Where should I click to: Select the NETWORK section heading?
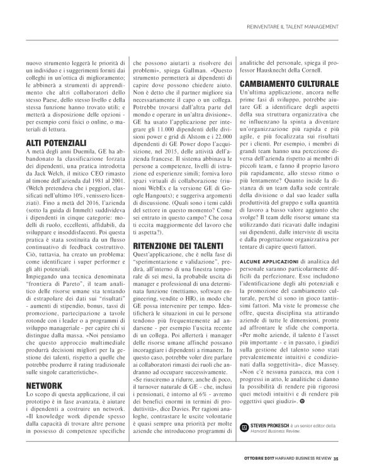[43, 384]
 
